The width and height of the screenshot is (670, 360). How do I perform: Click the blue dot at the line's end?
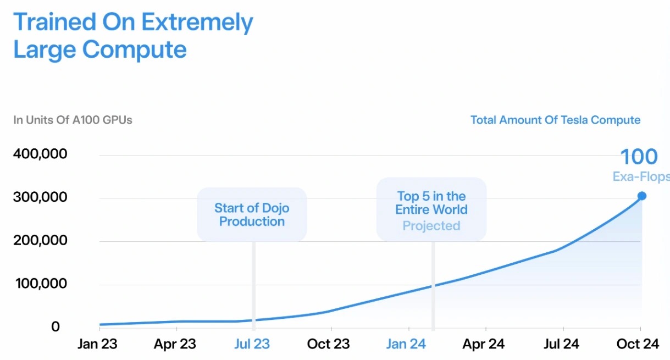pyautogui.click(x=641, y=196)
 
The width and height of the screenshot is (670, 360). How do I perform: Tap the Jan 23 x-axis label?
pyautogui.click(x=97, y=344)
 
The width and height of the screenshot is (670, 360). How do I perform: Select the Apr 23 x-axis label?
pyautogui.click(x=175, y=344)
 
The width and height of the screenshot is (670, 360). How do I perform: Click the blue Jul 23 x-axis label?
pyautogui.click(x=252, y=344)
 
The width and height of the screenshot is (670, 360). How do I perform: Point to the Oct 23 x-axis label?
pyautogui.click(x=328, y=344)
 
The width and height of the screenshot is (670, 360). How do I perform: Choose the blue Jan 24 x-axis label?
pyautogui.click(x=406, y=344)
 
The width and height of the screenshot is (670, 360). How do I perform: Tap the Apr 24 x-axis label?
pyautogui.click(x=483, y=344)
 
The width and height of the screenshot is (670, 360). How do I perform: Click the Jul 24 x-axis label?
pyautogui.click(x=561, y=344)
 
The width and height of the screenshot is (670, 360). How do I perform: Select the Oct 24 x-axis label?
pyautogui.click(x=638, y=344)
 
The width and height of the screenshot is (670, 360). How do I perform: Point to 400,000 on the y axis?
pyautogui.click(x=40, y=154)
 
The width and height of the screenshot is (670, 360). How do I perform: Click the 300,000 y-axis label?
pyautogui.click(x=40, y=197)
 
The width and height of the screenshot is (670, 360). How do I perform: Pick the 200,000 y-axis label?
pyautogui.click(x=40, y=241)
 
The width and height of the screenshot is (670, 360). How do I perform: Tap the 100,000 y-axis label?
pyautogui.click(x=40, y=284)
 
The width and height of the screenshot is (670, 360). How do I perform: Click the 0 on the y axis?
pyautogui.click(x=55, y=327)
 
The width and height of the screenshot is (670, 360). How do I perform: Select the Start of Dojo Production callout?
pyautogui.click(x=252, y=215)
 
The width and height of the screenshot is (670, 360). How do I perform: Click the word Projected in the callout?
pyautogui.click(x=431, y=226)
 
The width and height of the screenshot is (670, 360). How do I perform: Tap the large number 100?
pyautogui.click(x=639, y=157)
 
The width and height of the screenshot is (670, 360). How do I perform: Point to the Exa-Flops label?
pyautogui.click(x=641, y=176)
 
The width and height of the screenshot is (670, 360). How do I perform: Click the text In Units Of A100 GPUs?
pyautogui.click(x=73, y=120)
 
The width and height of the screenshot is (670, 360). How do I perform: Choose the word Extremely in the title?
pyautogui.click(x=197, y=23)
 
